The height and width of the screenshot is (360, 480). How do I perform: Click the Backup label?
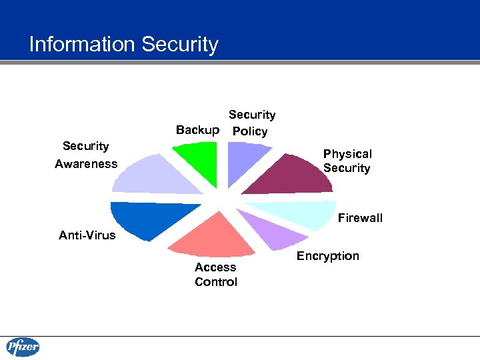click(x=197, y=130)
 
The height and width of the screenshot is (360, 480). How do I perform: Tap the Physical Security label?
click(x=347, y=161)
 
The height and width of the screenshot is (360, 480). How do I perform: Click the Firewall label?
click(x=360, y=218)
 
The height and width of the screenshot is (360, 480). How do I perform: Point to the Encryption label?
click(x=327, y=256)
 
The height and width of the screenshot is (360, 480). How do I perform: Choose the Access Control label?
click(x=215, y=274)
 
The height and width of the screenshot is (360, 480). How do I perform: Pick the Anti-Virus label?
click(x=87, y=235)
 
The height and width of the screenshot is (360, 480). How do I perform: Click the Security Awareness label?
click(x=85, y=155)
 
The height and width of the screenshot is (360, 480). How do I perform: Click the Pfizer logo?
click(x=23, y=347)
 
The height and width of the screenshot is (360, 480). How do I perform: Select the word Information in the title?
click(x=82, y=45)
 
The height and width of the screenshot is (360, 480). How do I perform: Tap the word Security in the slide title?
click(x=180, y=45)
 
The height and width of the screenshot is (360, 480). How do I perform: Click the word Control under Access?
click(x=215, y=282)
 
